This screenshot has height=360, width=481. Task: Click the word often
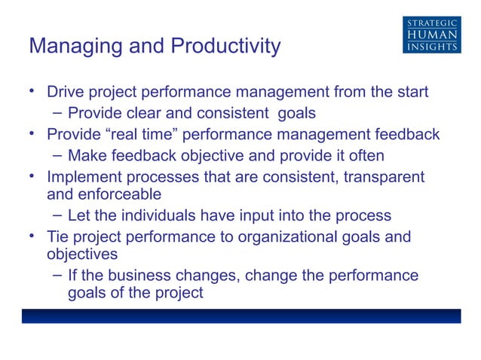(x=364, y=156)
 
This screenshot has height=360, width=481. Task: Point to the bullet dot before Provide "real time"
(x=32, y=134)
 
